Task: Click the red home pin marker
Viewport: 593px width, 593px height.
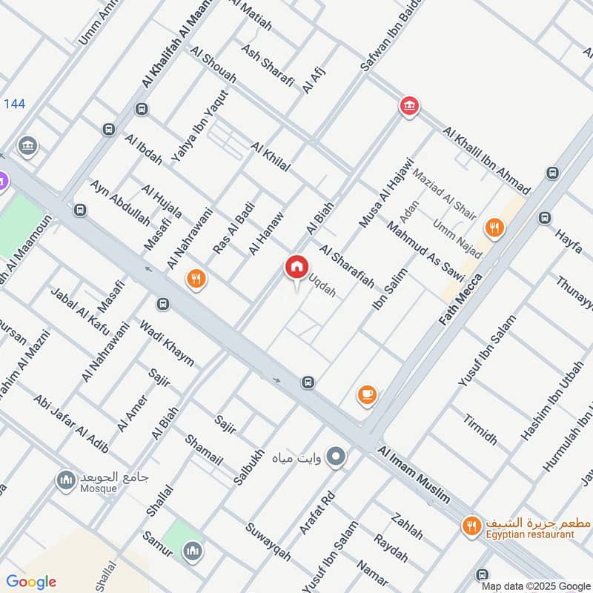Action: pos(296,267)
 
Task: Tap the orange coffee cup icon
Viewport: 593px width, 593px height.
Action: pos(367,395)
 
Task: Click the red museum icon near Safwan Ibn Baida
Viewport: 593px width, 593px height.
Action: pos(408,107)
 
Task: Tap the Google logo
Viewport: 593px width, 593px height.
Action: pos(30,582)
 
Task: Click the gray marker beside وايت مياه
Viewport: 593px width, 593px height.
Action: pos(337,456)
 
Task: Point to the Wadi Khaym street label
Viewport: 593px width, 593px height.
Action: pos(166,342)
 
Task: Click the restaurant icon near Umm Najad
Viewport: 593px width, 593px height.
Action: pos(492,227)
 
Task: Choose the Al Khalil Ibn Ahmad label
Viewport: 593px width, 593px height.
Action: pos(486,160)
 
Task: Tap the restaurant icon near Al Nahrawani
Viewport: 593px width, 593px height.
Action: pos(196,278)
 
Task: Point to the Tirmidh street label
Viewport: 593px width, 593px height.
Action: pos(480,428)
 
